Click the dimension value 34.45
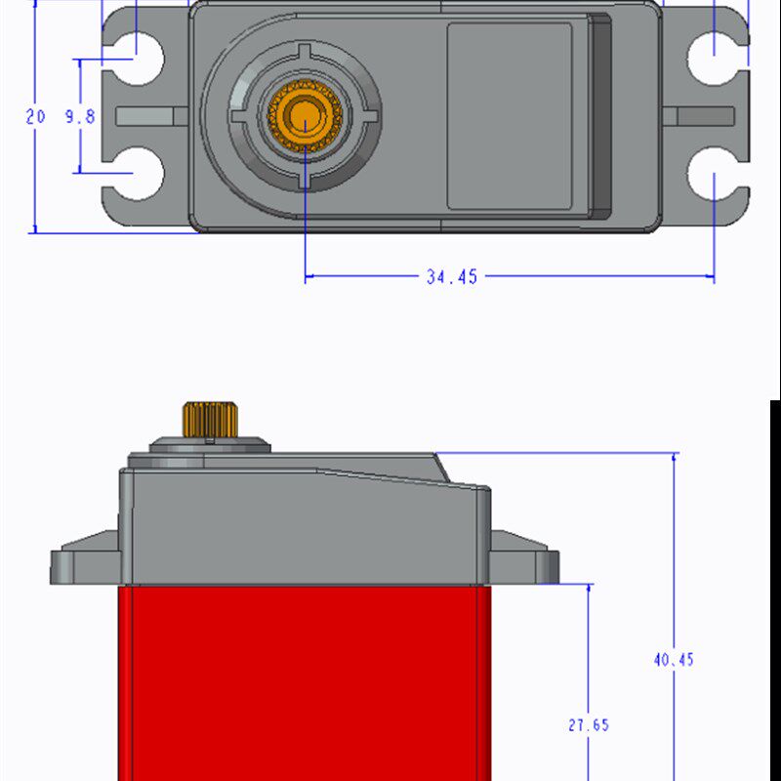pyautogui.click(x=452, y=276)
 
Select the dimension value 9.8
pyautogui.click(x=80, y=116)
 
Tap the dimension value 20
pyautogui.click(x=35, y=116)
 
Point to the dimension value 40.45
pyautogui.click(x=674, y=660)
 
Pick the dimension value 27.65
pyautogui.click(x=589, y=725)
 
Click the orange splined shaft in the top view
pyautogui.click(x=305, y=115)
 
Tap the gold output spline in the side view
pyautogui.click(x=210, y=420)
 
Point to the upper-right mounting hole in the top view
pyautogui.click(x=713, y=59)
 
